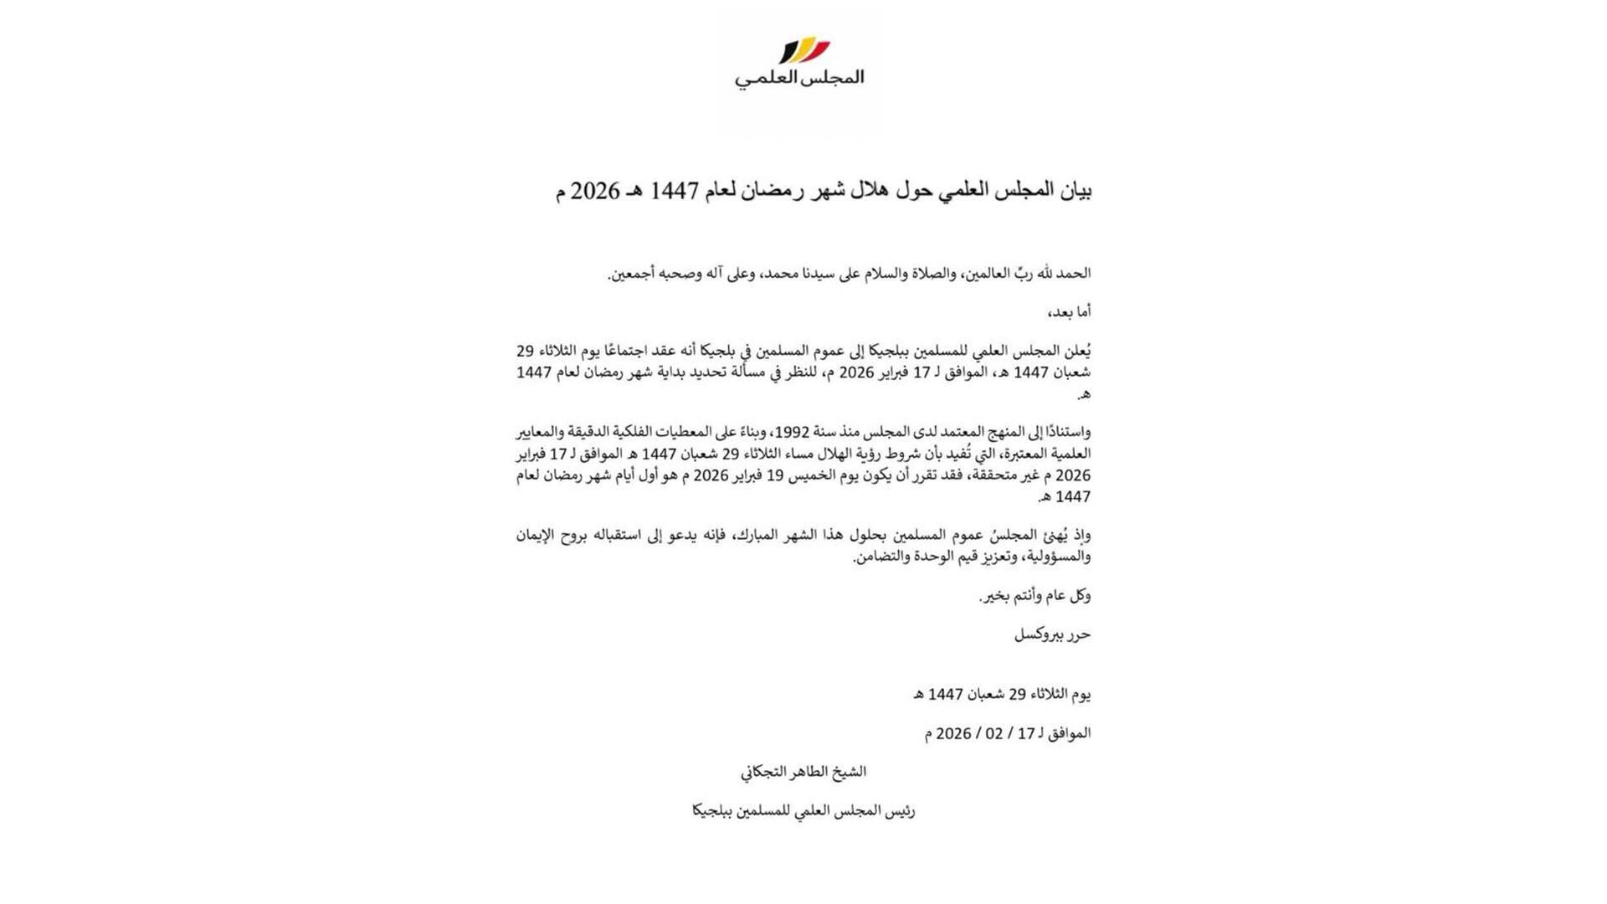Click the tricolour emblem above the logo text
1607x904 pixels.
pos(804,50)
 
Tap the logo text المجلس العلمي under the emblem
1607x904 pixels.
pos(799,78)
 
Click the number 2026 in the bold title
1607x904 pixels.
pos(595,192)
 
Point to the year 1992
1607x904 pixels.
pos(791,432)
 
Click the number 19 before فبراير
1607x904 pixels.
pos(776,475)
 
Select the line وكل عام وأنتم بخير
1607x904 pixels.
pos(1035,596)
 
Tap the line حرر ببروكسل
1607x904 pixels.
pos(1052,634)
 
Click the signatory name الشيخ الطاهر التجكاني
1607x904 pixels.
pos(803,772)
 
